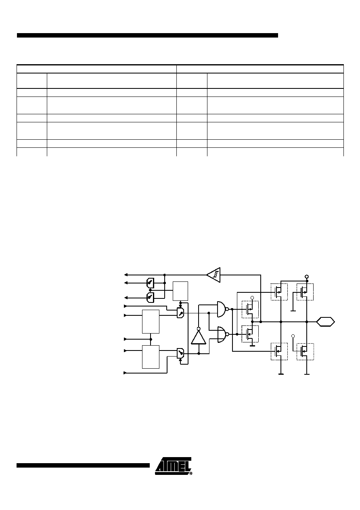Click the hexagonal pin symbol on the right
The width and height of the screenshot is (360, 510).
pyautogui.click(x=325, y=322)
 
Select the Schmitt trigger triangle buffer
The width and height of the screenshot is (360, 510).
pyautogui.click(x=213, y=275)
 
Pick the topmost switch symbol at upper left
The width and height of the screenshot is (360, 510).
pyautogui.click(x=150, y=283)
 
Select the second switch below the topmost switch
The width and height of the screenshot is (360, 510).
pyautogui.click(x=150, y=298)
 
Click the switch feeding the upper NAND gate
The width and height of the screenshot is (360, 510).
pyautogui.click(x=180, y=313)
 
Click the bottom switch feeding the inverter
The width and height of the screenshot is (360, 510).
pyautogui.click(x=180, y=353)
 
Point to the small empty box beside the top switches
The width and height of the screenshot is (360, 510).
pyautogui.click(x=180, y=291)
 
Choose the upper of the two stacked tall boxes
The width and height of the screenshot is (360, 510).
pyautogui.click(x=151, y=321)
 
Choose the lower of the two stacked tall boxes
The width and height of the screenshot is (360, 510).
pyautogui.click(x=151, y=357)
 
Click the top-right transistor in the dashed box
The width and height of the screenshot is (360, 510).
pyautogui.click(x=305, y=292)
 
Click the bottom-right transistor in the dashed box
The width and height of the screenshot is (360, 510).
pyautogui.click(x=305, y=352)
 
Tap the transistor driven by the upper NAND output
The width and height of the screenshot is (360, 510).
pyautogui.click(x=250, y=309)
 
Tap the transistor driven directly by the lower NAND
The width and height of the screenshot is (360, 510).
pyautogui.click(x=250, y=334)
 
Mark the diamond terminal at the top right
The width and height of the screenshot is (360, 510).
pyautogui.click(x=306, y=277)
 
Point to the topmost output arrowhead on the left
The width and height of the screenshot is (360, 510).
pyautogui.click(x=126, y=275)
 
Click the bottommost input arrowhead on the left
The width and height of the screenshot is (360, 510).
pyautogui.click(x=125, y=373)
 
